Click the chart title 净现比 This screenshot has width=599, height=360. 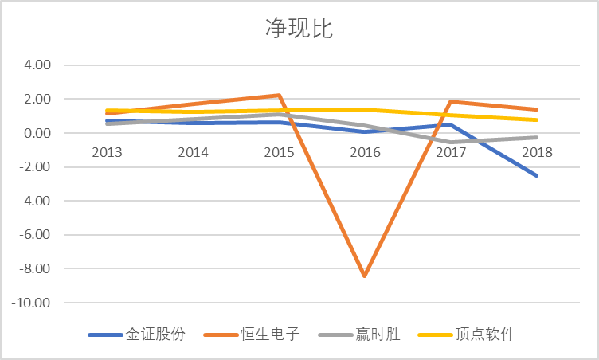[x=299, y=28]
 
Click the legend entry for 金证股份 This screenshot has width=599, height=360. [x=137, y=335]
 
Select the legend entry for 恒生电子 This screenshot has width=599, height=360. [x=252, y=335]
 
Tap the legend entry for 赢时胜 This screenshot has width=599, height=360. [x=359, y=335]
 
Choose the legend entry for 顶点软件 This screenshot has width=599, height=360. [x=467, y=335]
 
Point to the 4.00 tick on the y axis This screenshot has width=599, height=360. [x=37, y=65]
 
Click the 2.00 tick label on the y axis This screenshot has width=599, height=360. [x=37, y=99]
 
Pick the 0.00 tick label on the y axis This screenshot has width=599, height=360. [x=37, y=133]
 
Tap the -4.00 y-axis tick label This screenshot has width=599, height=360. [x=35, y=201]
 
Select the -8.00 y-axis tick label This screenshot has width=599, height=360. [x=35, y=268]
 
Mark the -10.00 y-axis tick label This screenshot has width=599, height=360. [x=31, y=303]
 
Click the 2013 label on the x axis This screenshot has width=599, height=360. [x=107, y=152]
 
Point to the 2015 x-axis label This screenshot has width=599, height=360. [x=280, y=152]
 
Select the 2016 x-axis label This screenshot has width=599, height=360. [x=365, y=152]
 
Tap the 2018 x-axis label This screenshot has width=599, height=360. [x=537, y=152]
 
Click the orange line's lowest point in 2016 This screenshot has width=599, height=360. [x=365, y=275]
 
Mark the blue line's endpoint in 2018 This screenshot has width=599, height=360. [x=536, y=175]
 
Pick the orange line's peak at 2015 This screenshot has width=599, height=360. [x=280, y=95]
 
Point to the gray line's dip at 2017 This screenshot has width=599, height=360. [x=451, y=142]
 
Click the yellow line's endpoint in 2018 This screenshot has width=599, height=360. [x=536, y=120]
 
